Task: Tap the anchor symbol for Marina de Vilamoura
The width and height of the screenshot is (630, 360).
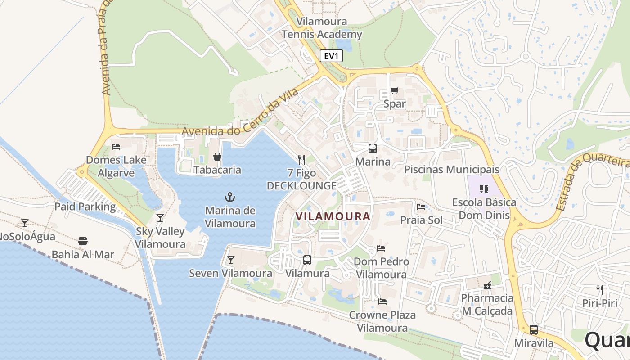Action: pos(230,197)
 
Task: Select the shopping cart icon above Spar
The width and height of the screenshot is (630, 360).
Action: pos(394,90)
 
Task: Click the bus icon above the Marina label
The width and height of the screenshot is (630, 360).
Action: pos(373,148)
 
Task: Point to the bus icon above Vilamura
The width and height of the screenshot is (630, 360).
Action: pos(307,260)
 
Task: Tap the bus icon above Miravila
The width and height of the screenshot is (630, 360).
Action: pos(534,329)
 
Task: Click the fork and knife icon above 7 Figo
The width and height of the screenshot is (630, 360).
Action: pos(301,159)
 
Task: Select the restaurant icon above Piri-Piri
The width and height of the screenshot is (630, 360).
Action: pos(599,289)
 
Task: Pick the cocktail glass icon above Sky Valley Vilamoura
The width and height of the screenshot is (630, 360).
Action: pos(160,218)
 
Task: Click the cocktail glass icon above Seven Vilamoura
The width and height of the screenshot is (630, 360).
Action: pos(230,260)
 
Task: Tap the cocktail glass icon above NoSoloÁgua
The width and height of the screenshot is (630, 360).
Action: pos(25,223)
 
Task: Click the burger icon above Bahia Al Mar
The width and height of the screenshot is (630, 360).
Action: pos(83,241)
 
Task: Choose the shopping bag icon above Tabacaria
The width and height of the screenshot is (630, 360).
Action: pos(217,157)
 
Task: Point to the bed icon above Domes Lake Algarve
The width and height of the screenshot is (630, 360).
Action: pos(116,146)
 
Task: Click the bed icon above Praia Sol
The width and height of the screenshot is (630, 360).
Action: pos(421,207)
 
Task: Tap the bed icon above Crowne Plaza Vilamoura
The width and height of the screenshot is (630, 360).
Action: pos(382,301)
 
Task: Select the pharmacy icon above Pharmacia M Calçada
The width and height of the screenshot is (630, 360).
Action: pos(487,285)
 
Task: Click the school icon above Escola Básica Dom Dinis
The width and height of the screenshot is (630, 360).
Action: pos(484,189)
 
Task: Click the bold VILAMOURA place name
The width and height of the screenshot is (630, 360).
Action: pos(333,216)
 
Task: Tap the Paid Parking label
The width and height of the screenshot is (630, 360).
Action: pos(85,207)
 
